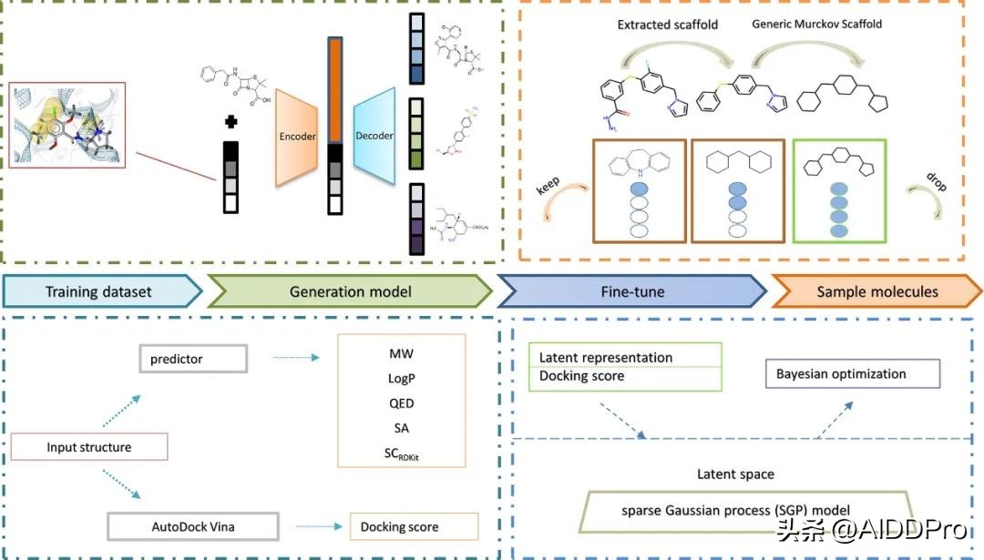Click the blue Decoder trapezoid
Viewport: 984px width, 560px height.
(x=374, y=136)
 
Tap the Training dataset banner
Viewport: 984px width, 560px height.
(x=99, y=291)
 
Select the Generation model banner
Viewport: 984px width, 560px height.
(x=351, y=291)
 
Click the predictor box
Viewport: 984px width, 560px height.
(x=192, y=359)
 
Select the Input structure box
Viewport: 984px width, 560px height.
(x=89, y=447)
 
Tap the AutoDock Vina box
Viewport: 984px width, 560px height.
(x=192, y=526)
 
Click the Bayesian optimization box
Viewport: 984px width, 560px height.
(x=841, y=373)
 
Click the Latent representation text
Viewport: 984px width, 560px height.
(x=606, y=358)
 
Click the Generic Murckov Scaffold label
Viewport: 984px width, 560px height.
(x=816, y=24)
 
